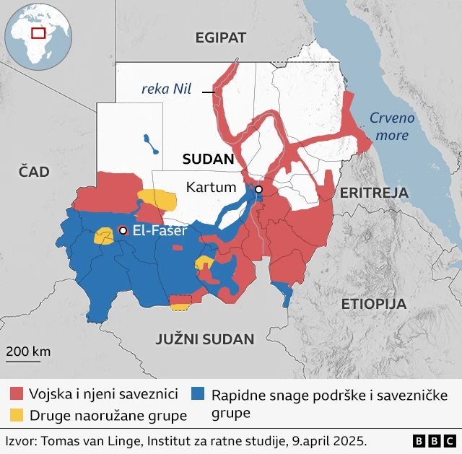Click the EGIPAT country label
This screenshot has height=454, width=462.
coord(221,38)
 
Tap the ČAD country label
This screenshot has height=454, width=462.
coord(33,171)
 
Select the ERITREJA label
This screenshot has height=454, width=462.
coord(374,193)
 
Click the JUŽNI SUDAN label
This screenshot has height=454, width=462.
coord(205,339)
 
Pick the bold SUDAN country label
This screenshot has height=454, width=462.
coord(208,160)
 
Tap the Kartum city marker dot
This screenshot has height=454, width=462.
coord(258,190)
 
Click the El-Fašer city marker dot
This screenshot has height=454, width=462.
coord(123,230)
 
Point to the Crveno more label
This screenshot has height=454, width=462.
coord(391,126)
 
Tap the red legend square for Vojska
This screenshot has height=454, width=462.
coord(16,394)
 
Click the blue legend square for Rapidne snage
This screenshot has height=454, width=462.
coord(198,394)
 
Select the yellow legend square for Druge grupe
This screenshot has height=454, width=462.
coord(16,415)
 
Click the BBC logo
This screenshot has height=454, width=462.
coord(434,440)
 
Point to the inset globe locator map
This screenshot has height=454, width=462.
coord(38,36)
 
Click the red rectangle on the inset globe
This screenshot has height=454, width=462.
coord(38,32)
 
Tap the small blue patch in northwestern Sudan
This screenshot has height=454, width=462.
coord(151,143)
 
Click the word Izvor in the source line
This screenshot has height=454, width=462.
coord(22,440)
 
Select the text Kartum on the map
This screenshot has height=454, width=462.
coord(211,187)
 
